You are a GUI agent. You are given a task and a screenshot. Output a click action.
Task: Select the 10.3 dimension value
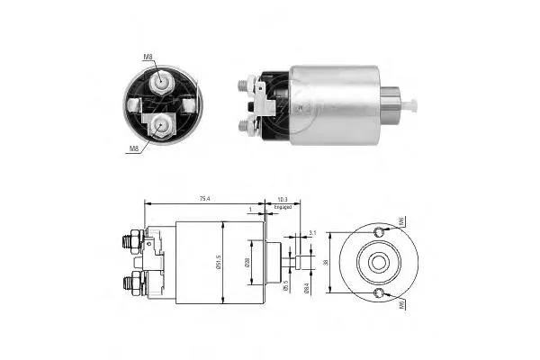click(x=283, y=198)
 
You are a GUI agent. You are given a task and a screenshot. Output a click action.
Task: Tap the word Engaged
click(x=284, y=207)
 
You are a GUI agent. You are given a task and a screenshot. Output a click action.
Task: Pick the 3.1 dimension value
click(x=311, y=232)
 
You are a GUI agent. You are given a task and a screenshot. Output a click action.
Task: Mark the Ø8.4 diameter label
click(x=306, y=287)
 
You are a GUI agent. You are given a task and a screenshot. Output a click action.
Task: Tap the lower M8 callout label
click(x=132, y=148)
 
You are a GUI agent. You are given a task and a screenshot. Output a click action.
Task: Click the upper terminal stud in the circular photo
click(x=161, y=82)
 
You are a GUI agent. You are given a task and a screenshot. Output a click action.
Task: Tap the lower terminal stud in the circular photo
click(x=160, y=123)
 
